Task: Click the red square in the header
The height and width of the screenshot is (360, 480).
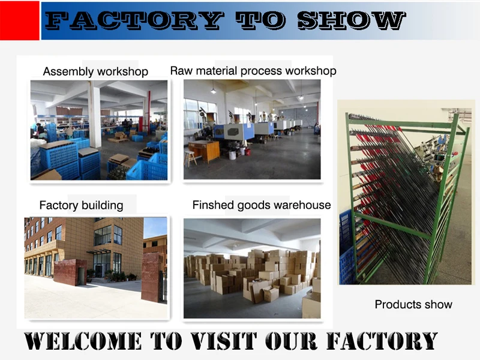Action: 20,20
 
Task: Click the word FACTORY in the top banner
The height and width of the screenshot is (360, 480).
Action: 134,21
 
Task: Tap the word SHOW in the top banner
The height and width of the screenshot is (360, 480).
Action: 352,21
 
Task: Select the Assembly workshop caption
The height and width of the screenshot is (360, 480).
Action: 95,71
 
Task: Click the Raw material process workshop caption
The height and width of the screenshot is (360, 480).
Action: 253,71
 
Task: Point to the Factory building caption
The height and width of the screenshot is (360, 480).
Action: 82,205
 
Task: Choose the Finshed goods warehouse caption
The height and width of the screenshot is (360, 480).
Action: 262,205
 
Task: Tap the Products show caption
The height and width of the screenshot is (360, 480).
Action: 413,304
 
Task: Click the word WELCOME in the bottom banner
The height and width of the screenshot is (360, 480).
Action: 83,341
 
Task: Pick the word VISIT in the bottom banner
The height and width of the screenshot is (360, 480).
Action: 224,341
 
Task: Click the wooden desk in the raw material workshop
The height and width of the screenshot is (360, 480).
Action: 204,151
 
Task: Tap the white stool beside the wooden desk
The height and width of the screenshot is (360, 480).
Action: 191,158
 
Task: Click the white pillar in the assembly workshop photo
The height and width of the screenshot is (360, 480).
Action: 95,115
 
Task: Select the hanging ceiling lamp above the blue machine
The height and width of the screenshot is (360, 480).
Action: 214,91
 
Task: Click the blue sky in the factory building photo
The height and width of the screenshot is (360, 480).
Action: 155,227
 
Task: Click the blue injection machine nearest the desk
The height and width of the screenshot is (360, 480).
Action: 234,131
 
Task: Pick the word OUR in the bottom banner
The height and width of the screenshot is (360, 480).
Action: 291,341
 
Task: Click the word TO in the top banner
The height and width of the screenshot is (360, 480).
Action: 260,21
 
